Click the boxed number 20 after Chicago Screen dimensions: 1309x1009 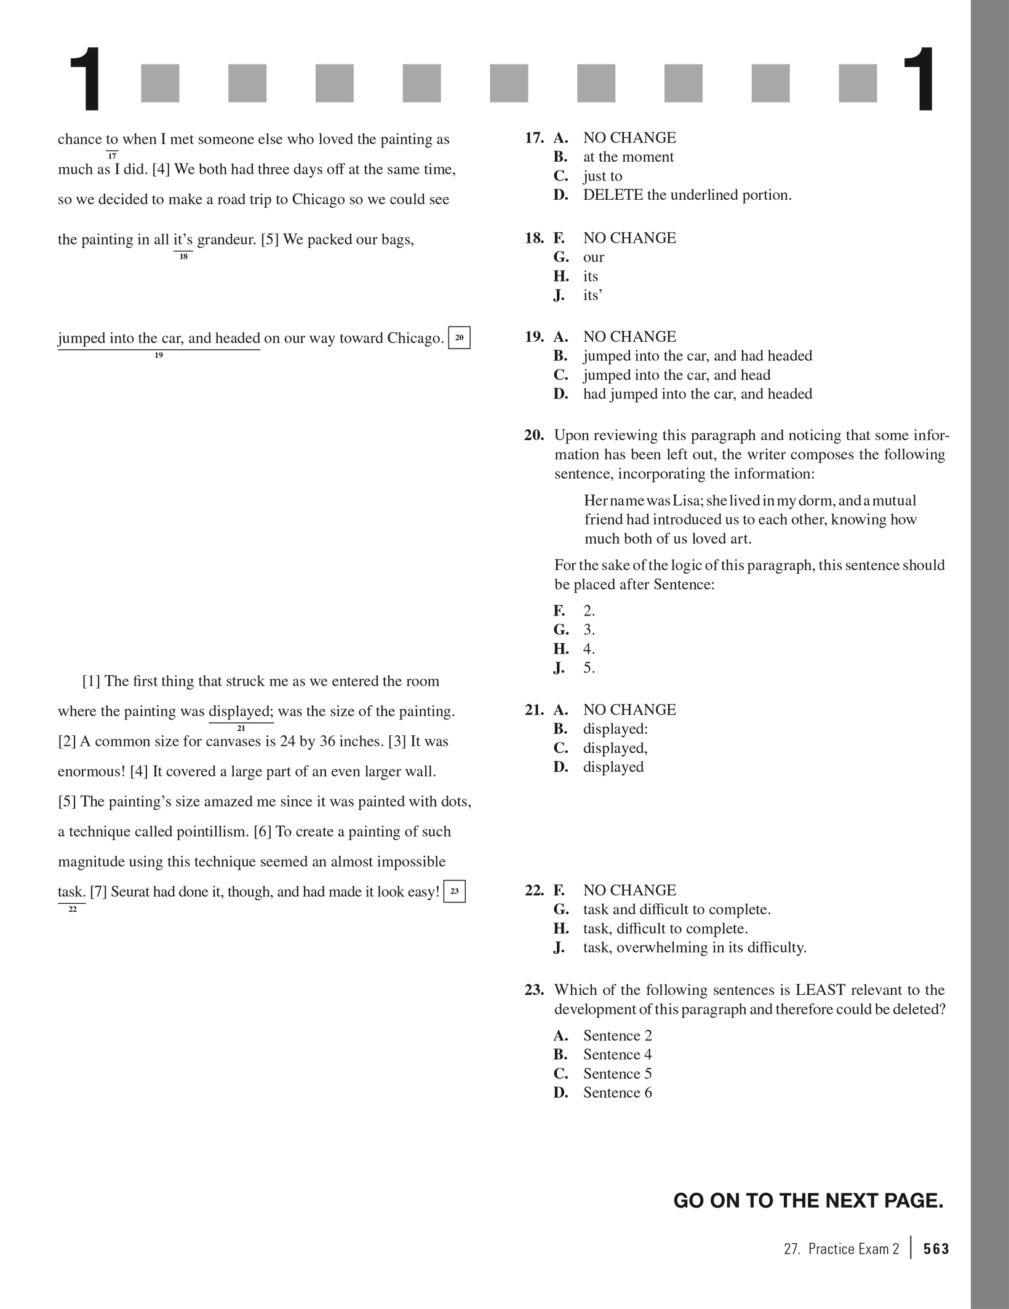coord(459,338)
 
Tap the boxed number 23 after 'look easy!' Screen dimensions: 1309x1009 coord(454,891)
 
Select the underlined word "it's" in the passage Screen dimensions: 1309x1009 coord(183,239)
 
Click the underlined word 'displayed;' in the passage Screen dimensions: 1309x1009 coord(241,711)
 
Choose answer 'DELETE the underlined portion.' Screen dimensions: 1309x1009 coord(687,195)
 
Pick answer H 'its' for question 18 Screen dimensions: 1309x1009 coord(591,276)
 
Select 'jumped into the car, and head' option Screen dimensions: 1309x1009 coord(677,375)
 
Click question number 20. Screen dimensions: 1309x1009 coord(534,435)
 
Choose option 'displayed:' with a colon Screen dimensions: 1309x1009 coord(615,729)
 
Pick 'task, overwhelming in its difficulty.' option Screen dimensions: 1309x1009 coord(695,947)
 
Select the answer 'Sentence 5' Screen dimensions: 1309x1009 coord(618,1074)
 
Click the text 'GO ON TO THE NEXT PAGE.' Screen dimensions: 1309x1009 coord(808,1200)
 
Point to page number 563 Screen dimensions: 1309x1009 coord(936,1249)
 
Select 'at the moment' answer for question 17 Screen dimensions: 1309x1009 coord(628,157)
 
